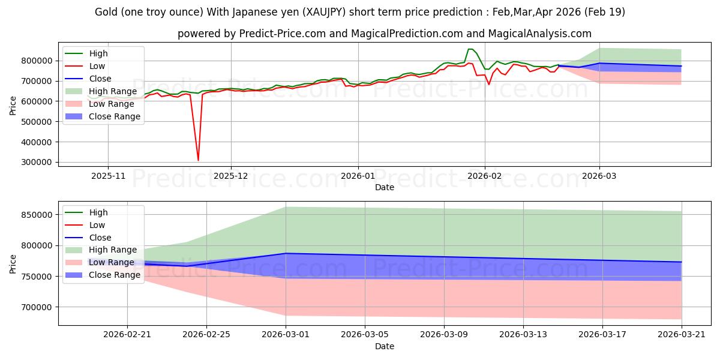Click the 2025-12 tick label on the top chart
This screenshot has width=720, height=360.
coord(231,176)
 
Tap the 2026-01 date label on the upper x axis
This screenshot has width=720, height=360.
coord(358,176)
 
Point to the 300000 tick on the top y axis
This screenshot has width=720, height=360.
coord(37,163)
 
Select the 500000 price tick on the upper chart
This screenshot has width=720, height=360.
coord(37,122)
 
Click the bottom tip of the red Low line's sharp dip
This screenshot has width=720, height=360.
coord(198,160)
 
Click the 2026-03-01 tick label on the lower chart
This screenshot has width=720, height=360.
coord(286,335)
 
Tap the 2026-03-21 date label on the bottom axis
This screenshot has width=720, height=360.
coord(682,335)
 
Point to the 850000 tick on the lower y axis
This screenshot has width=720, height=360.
coord(37,215)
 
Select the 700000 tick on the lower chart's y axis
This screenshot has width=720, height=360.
coord(37,307)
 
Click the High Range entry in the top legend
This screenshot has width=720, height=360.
coord(113,91)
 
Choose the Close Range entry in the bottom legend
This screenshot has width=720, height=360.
coord(115,275)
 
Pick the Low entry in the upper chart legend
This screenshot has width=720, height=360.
coord(97,66)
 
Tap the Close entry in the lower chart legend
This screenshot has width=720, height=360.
coord(100,238)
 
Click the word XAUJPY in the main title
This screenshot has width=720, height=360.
coord(325,12)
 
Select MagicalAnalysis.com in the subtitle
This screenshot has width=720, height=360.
coord(539,34)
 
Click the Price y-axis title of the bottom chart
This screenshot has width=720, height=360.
coord(13,264)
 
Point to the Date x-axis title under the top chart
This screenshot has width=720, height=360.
coord(385,187)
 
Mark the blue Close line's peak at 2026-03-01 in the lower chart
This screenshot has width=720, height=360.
coord(286,253)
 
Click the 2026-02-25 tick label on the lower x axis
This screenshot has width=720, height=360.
coord(206,335)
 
